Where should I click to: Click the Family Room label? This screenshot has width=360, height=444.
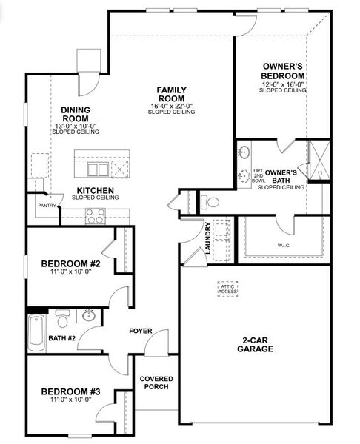click(172, 94)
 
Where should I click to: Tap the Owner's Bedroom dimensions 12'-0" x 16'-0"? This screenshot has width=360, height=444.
click(283, 84)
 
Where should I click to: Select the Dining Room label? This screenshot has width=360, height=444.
click(76, 114)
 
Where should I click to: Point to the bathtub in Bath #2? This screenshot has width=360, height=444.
click(37, 333)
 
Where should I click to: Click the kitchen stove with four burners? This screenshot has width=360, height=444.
click(96, 216)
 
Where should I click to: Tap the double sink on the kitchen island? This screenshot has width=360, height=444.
click(98, 169)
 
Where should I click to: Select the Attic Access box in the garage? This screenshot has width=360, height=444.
click(227, 289)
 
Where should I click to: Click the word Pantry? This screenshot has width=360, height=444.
click(47, 206)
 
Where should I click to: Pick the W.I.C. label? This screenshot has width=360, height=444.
click(284, 246)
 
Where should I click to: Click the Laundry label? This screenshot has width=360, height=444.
click(208, 238)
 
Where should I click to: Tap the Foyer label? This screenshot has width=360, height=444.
click(141, 331)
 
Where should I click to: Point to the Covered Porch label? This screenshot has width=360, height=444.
click(156, 383)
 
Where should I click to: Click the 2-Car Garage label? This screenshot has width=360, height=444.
click(255, 345)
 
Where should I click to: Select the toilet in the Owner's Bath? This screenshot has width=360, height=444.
click(210, 202)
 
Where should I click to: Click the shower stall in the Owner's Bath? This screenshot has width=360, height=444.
click(319, 161)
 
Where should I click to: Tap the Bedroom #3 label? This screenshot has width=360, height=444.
click(70, 391)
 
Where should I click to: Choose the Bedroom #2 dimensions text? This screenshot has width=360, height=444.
click(71, 272)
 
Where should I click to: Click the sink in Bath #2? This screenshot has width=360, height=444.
click(89, 316)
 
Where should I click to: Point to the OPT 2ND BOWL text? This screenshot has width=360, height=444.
click(259, 175)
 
